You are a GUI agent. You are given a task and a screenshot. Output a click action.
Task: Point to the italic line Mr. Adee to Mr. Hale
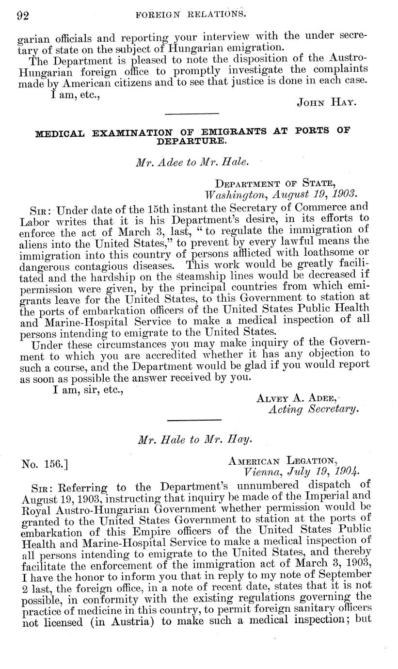point(192,163)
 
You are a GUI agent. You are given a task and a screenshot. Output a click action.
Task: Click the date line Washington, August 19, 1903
point(281,194)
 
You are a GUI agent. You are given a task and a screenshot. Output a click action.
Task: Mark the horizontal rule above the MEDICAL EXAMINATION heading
point(192,114)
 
